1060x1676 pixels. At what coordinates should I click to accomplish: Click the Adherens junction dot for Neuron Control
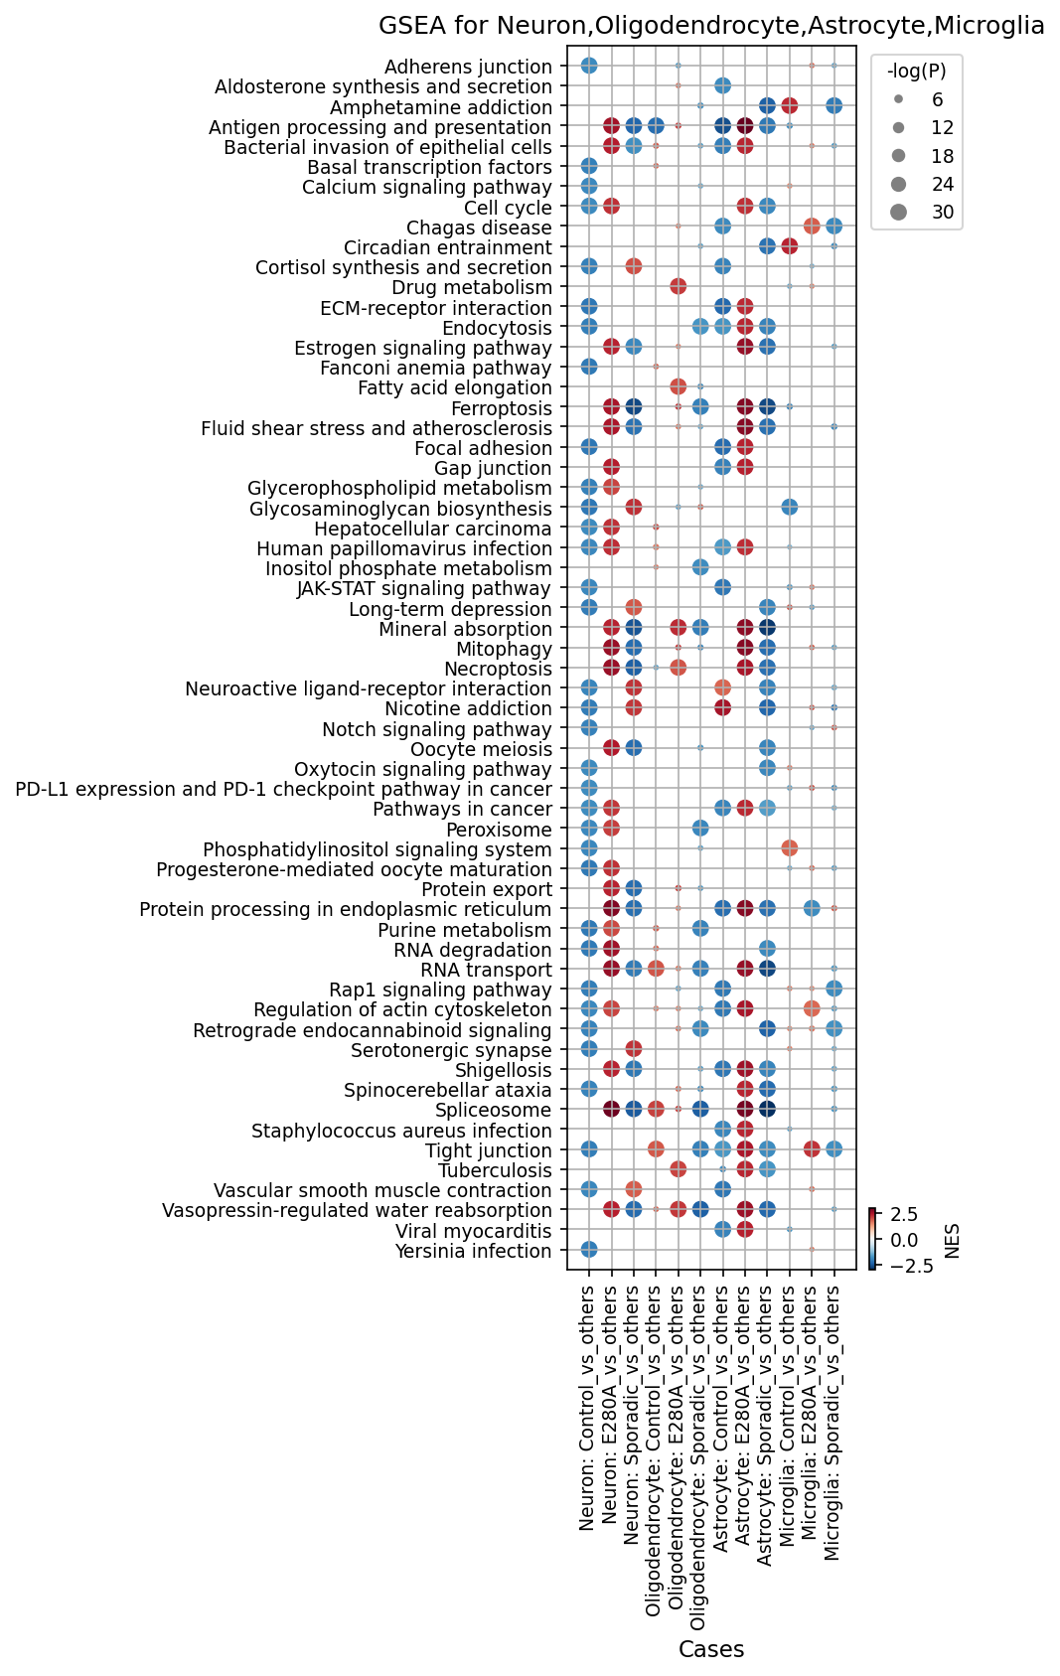589,66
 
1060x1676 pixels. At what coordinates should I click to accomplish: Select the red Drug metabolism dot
678,286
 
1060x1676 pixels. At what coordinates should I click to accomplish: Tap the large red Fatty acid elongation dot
678,386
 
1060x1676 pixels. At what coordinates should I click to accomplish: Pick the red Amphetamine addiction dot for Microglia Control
789,106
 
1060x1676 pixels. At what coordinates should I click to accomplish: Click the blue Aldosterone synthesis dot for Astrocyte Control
722,86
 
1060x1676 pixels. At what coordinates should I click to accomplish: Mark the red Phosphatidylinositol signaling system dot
789,848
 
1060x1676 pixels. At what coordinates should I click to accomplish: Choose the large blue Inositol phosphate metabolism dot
700,567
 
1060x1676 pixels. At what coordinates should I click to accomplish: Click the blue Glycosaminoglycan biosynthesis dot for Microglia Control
789,508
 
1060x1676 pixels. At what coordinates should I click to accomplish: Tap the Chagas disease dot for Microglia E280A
812,226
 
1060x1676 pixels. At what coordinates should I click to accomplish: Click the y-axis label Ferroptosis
502,408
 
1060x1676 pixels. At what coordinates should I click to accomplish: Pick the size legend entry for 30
922,213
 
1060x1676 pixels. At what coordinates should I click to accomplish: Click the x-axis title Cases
710,1650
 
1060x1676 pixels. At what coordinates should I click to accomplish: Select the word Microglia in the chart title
988,26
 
